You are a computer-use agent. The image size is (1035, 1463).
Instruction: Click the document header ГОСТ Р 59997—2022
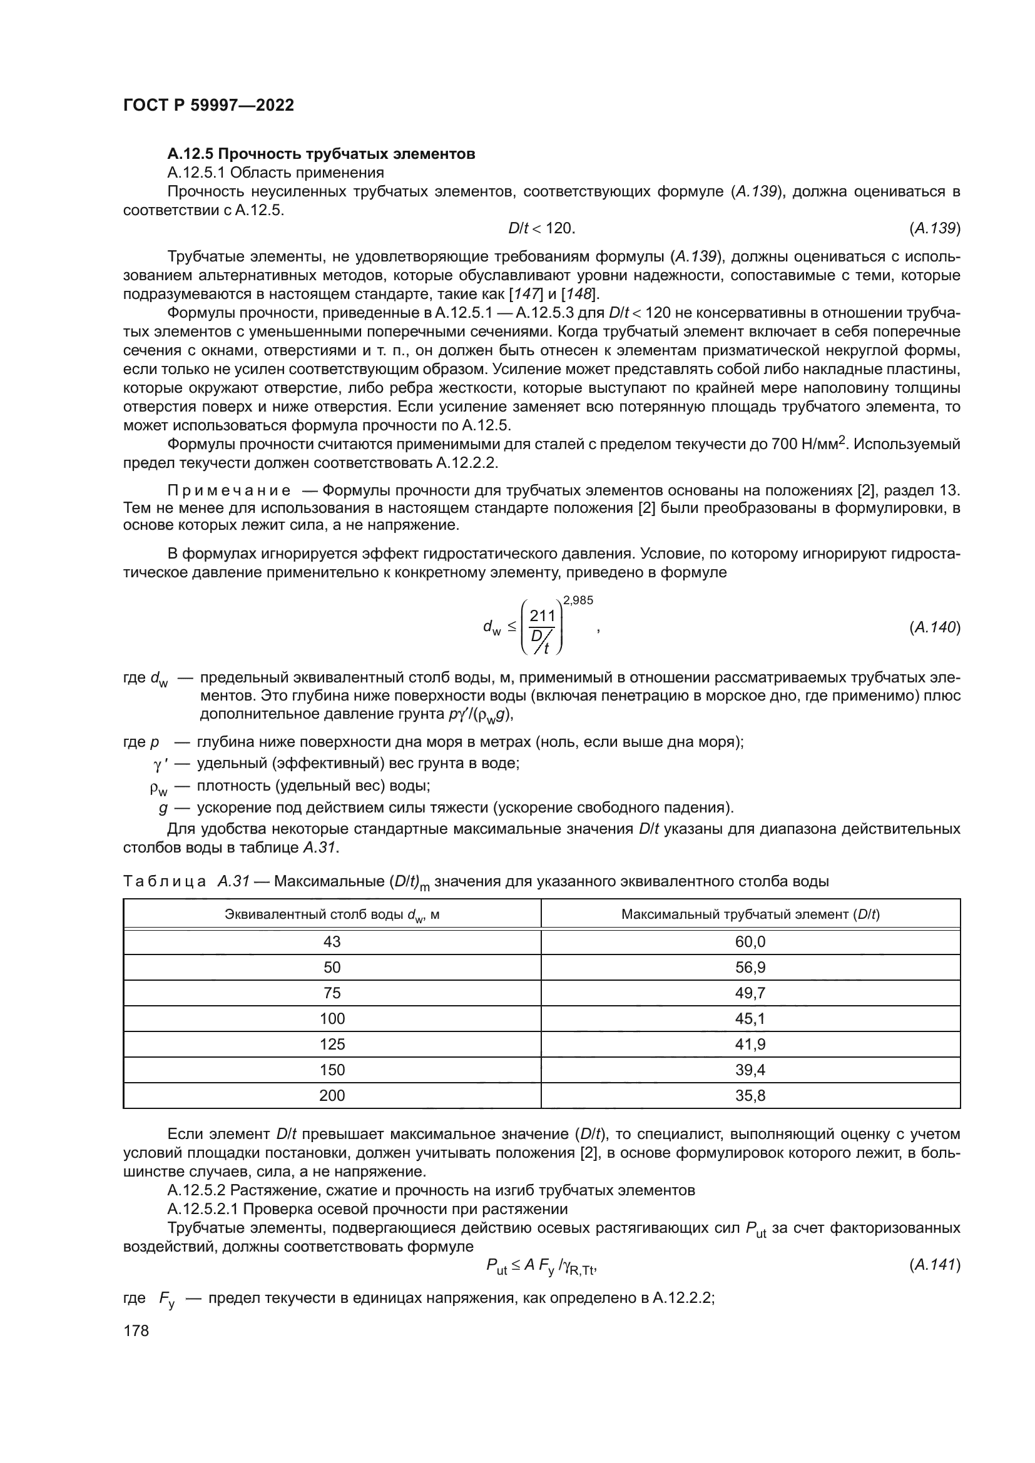tap(208, 106)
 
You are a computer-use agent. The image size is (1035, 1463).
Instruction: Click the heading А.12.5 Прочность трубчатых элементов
tap(321, 154)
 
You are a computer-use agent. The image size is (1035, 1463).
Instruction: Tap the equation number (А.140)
tap(934, 627)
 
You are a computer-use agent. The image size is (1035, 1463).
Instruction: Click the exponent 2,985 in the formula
tap(578, 600)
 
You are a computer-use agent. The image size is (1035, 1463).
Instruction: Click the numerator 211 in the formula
tap(543, 616)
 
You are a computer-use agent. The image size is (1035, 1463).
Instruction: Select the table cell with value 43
tap(332, 942)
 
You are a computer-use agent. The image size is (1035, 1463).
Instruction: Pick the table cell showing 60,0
tap(750, 942)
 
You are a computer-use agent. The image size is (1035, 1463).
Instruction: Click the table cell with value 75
tap(332, 993)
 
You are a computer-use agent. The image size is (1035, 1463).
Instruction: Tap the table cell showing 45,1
tap(750, 1019)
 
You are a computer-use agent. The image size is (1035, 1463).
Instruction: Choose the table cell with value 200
tap(332, 1095)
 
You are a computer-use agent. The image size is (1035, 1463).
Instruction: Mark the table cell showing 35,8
tap(750, 1095)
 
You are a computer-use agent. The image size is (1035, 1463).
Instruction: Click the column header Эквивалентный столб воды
tap(332, 915)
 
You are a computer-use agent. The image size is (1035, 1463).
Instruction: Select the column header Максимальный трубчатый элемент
tap(750, 914)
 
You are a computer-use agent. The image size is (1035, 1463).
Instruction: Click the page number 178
tap(136, 1330)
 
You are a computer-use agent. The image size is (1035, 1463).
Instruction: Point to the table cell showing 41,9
tap(750, 1045)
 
